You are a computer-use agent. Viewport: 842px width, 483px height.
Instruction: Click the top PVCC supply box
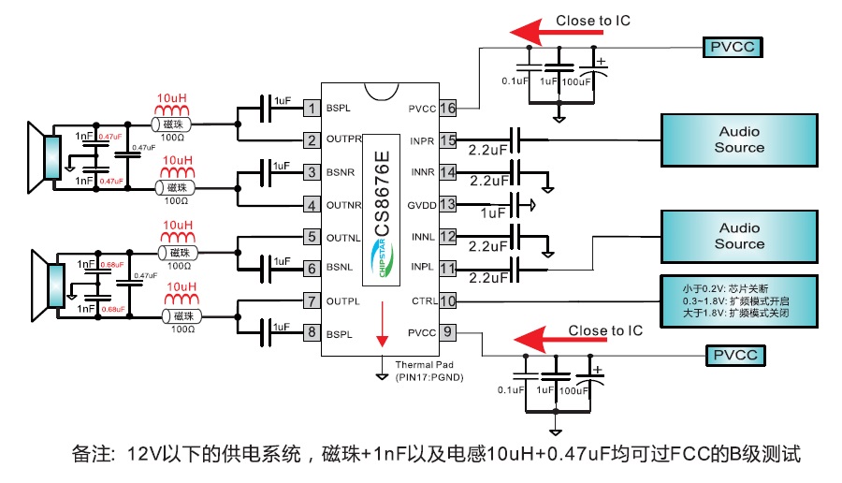[736, 47]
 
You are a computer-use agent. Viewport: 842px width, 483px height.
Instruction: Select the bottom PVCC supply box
[736, 357]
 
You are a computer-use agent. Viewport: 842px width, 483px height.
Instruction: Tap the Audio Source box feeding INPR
[739, 139]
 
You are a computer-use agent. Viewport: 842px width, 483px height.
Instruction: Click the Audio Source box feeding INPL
[739, 236]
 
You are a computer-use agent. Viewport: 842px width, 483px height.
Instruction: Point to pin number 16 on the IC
[447, 109]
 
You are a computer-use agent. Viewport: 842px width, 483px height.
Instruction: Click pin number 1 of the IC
[311, 109]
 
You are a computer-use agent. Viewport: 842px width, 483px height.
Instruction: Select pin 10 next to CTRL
[447, 300]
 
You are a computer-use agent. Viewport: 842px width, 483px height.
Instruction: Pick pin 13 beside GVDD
[447, 204]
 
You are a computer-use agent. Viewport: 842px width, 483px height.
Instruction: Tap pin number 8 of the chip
[311, 332]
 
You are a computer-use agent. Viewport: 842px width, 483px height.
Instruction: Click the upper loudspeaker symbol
[43, 156]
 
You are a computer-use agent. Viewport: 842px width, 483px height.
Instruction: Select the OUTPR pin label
[344, 140]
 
